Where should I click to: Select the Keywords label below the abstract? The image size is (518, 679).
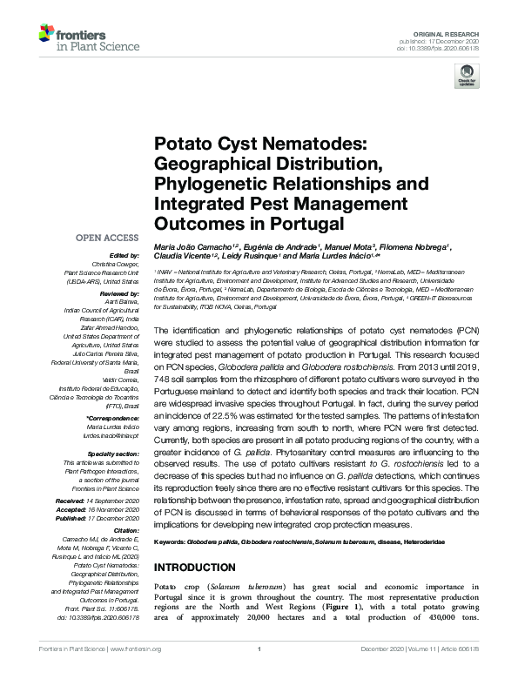click(x=172, y=542)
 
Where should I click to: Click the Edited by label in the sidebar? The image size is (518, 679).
click(x=122, y=256)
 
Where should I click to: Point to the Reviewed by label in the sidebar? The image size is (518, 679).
click(x=118, y=294)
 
